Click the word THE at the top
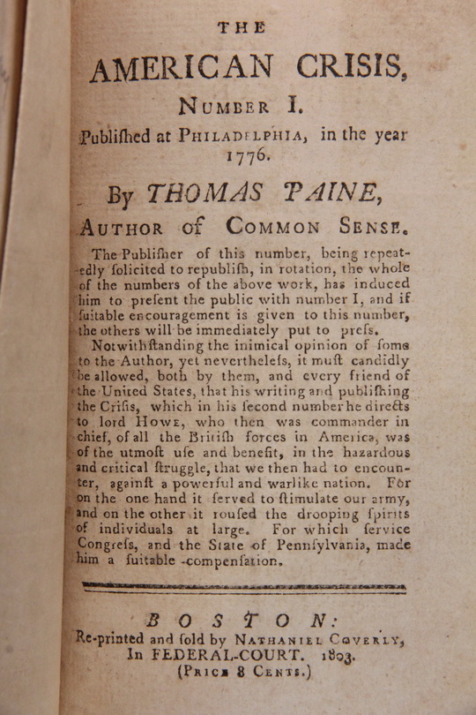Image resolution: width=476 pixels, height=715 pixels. tap(242, 27)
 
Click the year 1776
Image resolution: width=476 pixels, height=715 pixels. tap(249, 158)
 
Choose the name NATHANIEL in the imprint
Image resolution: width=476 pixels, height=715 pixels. tap(300, 636)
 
